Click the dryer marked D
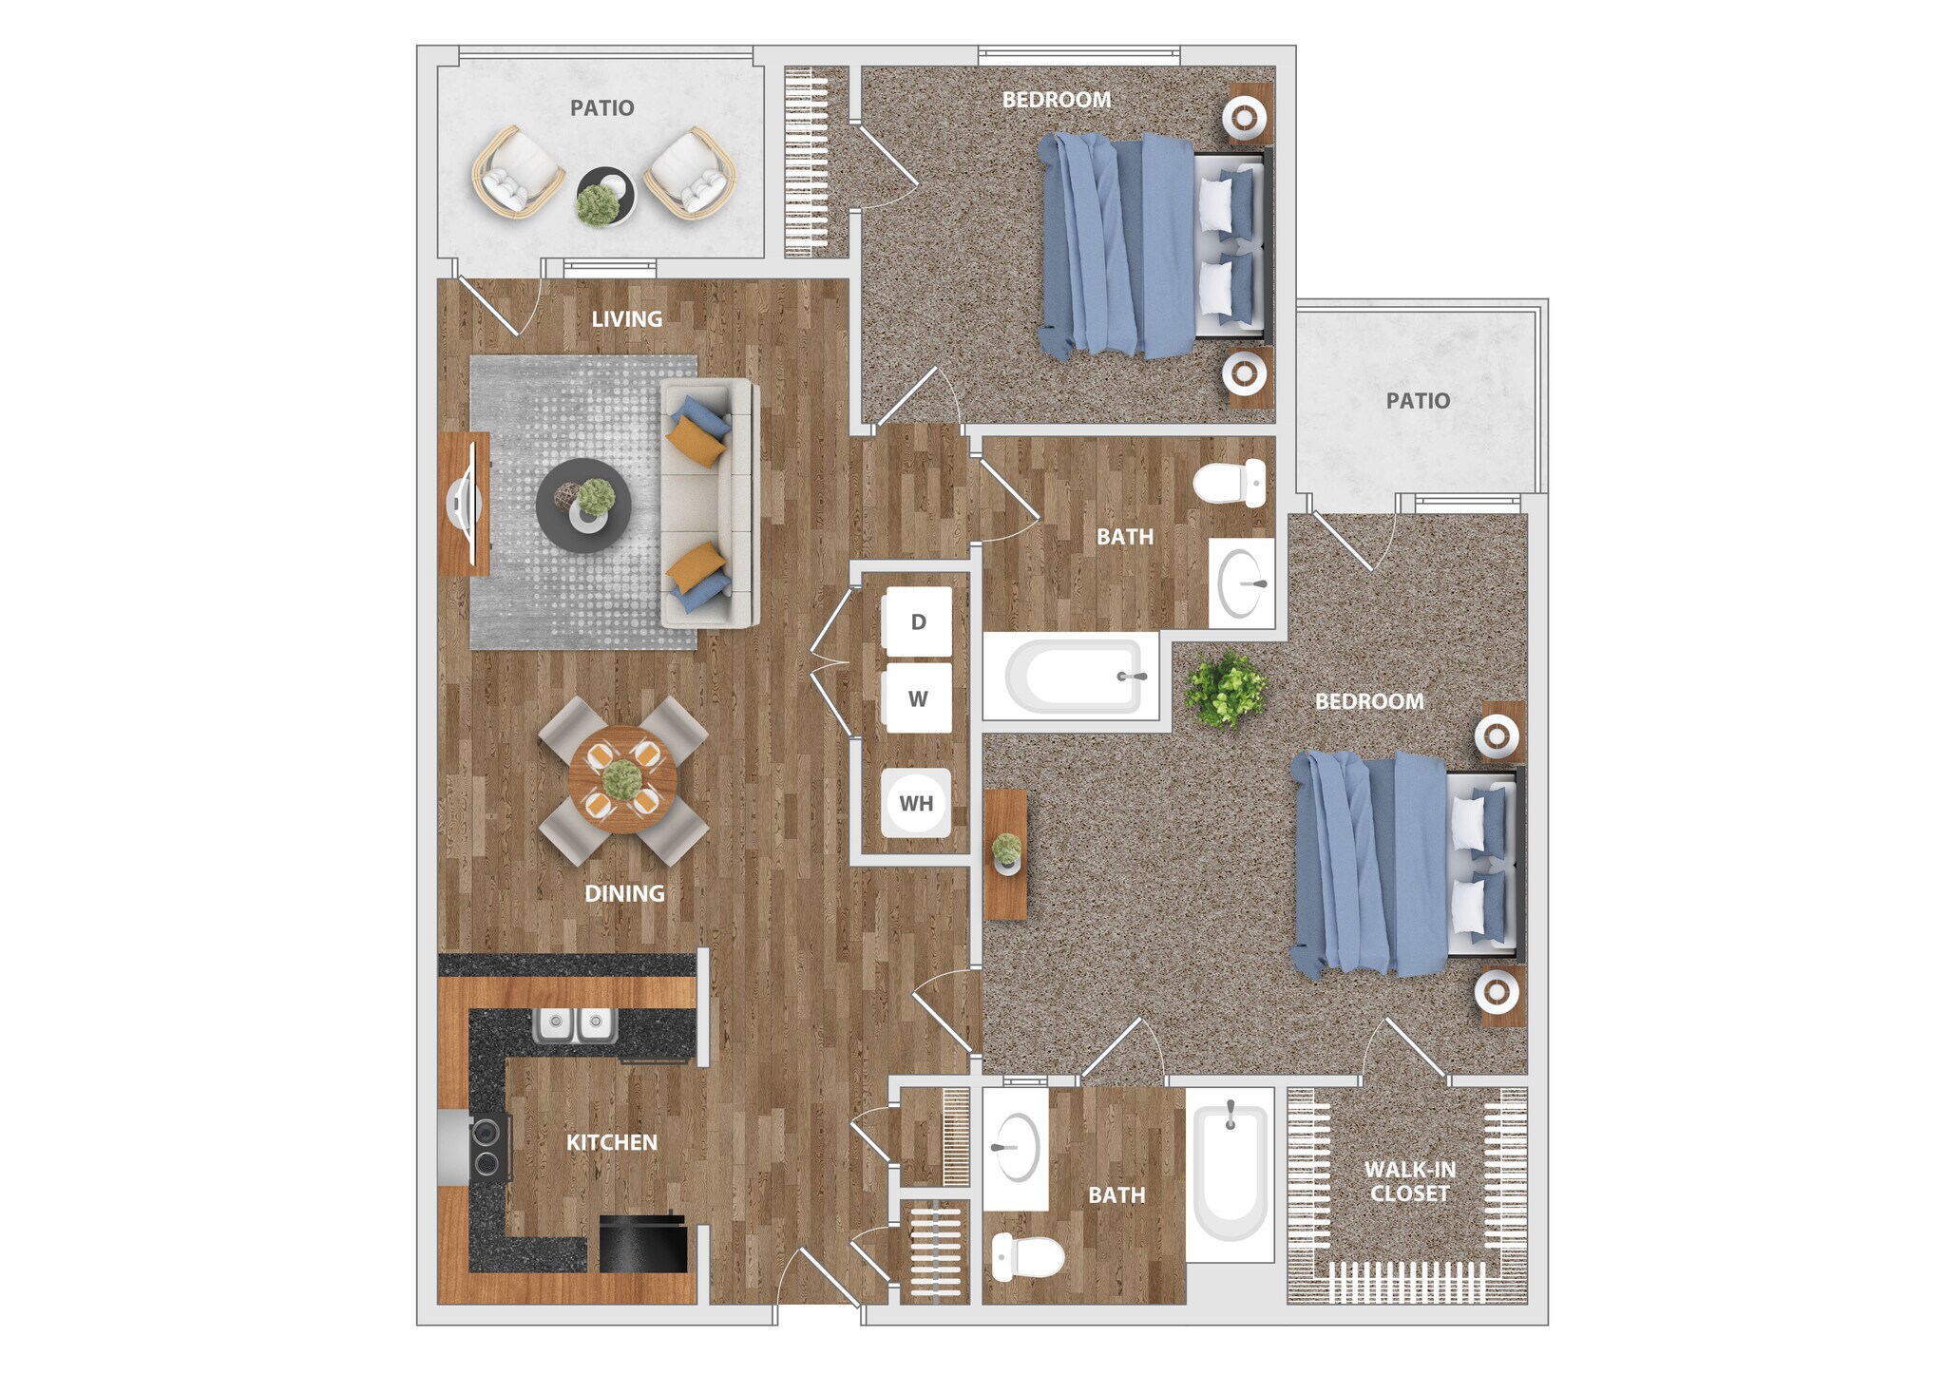tap(917, 621)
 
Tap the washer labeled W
tap(917, 698)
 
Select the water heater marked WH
tap(916, 803)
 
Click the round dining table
tap(622, 779)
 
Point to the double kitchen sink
tap(575, 1024)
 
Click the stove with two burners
tap(487, 1147)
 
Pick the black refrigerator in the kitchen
tap(642, 1244)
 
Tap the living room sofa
tap(708, 503)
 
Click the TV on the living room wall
tap(465, 504)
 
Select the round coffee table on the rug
tap(582, 505)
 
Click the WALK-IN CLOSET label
tap(1410, 1181)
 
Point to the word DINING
tap(624, 893)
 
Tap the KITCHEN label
tap(612, 1142)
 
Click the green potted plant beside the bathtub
tap(1226, 688)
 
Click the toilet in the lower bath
tap(1028, 1257)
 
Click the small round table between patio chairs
tap(606, 195)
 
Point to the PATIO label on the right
tap(1418, 400)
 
